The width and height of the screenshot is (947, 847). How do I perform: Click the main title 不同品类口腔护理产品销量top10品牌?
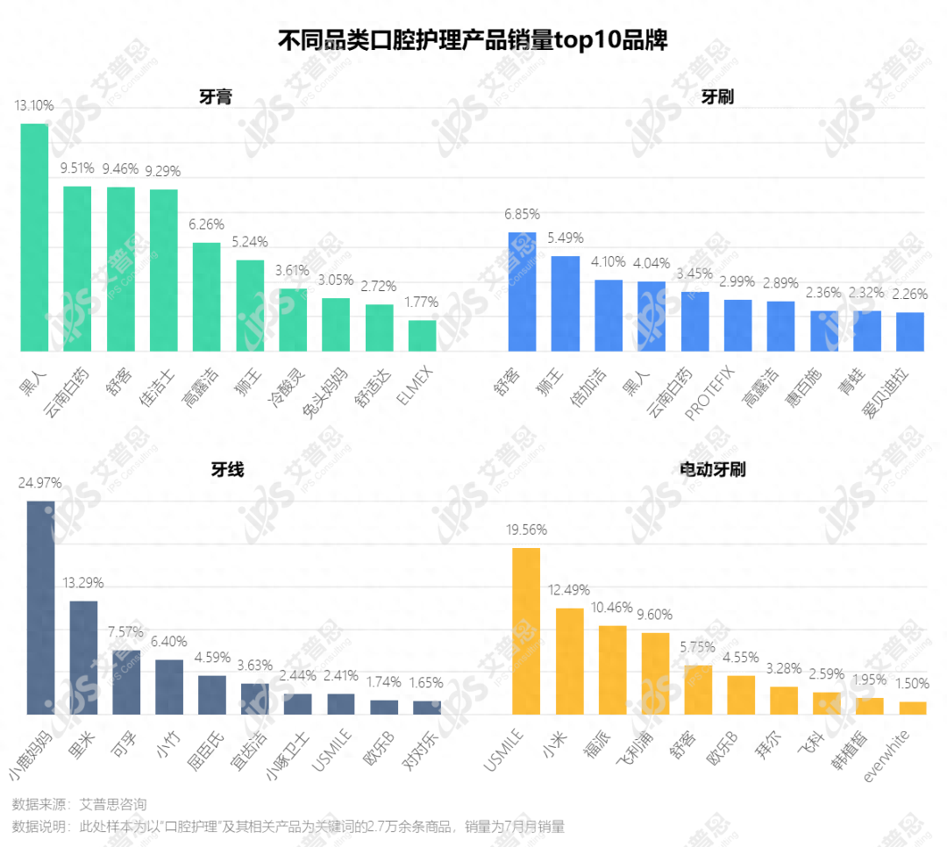pos(473,39)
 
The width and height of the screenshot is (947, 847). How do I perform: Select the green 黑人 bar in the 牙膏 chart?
pos(34,238)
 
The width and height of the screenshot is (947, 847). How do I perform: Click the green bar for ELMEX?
pos(422,336)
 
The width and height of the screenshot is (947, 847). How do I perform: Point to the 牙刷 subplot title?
pos(717,96)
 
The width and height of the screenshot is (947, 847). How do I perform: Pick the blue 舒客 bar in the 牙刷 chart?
pos(523,291)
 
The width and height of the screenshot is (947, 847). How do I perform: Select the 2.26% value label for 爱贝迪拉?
pos(909,295)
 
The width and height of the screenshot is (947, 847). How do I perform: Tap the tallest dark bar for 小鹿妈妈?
pos(40,607)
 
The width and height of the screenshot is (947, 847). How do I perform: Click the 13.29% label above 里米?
pos(83,583)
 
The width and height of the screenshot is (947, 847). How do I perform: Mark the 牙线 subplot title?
pos(227,470)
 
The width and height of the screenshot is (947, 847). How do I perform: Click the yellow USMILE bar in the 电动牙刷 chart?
pos(526,630)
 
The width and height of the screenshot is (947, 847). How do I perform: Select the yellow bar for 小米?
pos(569,660)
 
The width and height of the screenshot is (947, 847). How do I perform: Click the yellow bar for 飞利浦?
pos(655,673)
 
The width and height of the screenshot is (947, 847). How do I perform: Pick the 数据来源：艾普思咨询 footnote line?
pos(79,804)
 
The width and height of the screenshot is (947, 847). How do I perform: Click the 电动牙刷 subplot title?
pos(712,470)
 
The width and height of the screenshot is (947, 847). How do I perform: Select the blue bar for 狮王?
pos(566,303)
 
